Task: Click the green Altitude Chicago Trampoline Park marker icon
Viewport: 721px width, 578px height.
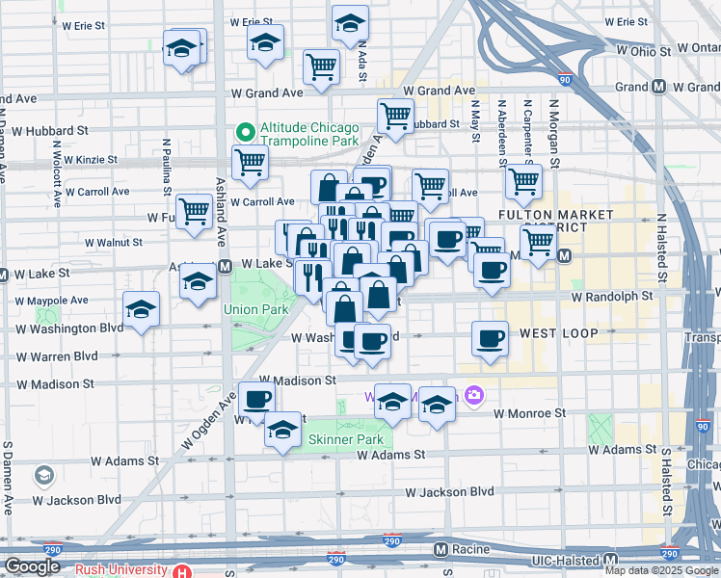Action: click(x=246, y=131)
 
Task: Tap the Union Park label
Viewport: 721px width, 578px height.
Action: click(x=242, y=309)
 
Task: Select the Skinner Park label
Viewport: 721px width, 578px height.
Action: click(x=333, y=439)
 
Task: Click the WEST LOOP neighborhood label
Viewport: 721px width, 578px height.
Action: click(x=559, y=333)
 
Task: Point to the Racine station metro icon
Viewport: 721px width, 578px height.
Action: click(x=441, y=550)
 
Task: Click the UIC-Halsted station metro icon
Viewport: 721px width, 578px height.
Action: click(x=610, y=560)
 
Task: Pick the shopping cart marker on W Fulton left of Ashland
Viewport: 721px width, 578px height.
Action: click(x=194, y=211)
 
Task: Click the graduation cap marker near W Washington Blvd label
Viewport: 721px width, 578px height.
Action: click(x=142, y=309)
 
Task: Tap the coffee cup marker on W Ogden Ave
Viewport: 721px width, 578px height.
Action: click(x=256, y=398)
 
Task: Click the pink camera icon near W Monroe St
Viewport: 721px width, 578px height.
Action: click(x=473, y=395)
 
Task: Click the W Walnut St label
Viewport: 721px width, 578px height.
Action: click(x=113, y=243)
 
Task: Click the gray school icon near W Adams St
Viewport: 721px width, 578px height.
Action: click(x=43, y=476)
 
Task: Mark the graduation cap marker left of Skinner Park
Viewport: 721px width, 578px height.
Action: click(x=282, y=430)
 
